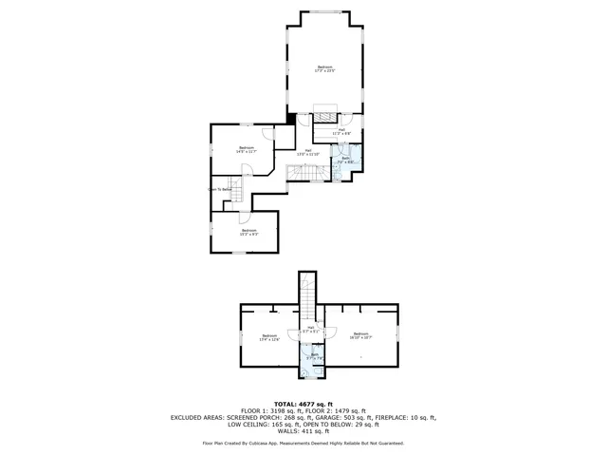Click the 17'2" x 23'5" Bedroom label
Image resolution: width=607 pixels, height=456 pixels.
[x=324, y=68]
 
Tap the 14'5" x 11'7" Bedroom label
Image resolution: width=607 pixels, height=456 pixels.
[x=247, y=150]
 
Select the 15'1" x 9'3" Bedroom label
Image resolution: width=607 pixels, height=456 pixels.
[x=248, y=232]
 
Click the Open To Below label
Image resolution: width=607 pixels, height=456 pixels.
[x=221, y=190]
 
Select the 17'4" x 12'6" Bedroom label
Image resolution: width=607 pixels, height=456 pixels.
[x=269, y=337]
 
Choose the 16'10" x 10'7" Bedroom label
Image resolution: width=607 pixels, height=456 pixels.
[x=360, y=335]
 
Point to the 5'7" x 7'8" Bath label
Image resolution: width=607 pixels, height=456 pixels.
[x=314, y=356]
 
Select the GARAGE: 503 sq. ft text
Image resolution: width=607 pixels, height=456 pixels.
[x=355, y=417]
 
